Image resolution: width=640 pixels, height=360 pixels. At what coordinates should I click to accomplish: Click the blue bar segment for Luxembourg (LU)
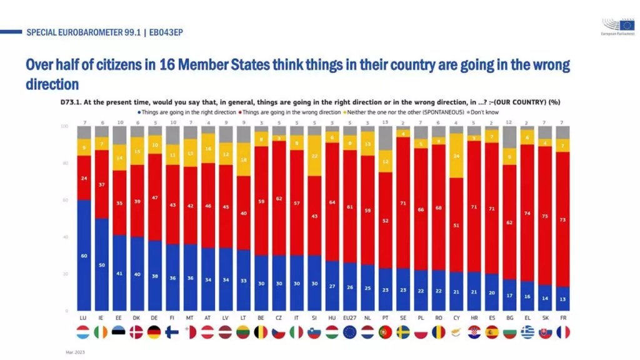pos(84,255)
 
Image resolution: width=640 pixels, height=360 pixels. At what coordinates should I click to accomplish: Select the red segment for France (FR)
pos(564,219)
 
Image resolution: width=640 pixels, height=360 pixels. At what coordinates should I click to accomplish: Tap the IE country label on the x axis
pos(102,318)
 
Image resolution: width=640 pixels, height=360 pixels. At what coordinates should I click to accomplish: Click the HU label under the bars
pos(332,318)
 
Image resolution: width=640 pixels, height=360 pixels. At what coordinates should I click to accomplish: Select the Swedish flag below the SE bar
pos(404,332)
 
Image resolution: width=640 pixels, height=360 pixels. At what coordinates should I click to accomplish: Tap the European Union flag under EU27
pos(351,332)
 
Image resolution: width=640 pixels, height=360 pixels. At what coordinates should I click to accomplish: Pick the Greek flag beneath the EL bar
pos(528,332)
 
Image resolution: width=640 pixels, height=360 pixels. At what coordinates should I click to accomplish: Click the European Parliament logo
pos(617,29)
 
